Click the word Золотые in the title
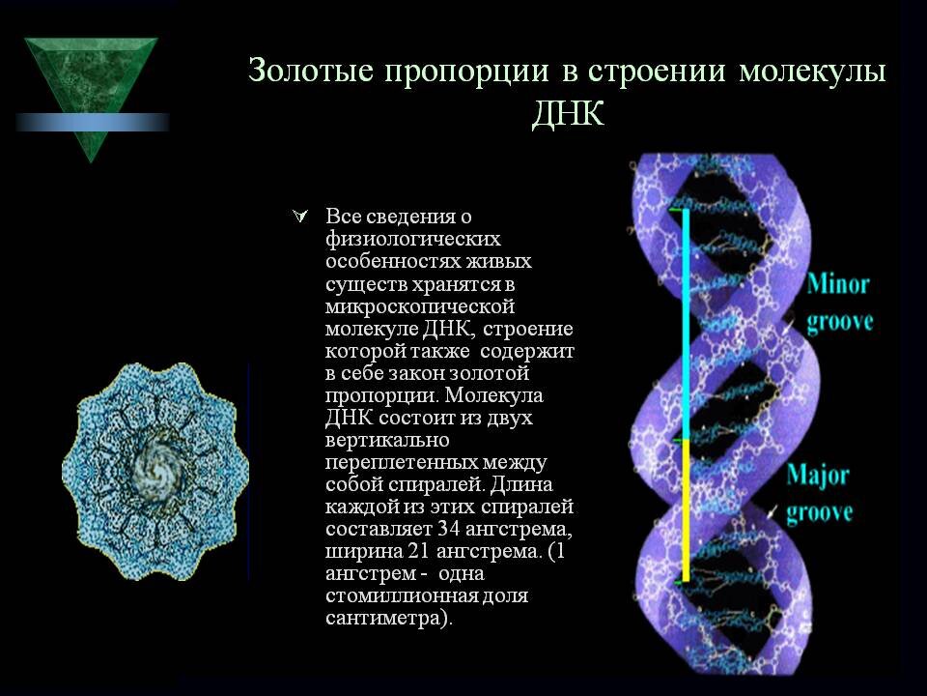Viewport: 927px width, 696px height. coord(311,70)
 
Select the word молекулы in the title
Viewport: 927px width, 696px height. coord(812,71)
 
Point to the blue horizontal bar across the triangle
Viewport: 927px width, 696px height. coord(93,122)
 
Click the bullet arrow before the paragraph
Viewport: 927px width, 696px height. coord(299,217)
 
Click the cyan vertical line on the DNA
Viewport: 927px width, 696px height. coord(686,325)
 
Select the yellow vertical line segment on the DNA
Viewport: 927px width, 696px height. coord(686,510)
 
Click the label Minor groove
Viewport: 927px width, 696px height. coord(839,303)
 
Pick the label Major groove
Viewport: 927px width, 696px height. coord(819,494)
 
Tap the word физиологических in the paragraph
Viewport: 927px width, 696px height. coord(413,239)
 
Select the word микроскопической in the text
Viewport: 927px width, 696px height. coord(420,306)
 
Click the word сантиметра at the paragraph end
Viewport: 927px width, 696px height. coord(384,618)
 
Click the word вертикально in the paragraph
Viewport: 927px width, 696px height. coord(387,441)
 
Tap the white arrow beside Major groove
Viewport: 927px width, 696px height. coord(772,511)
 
